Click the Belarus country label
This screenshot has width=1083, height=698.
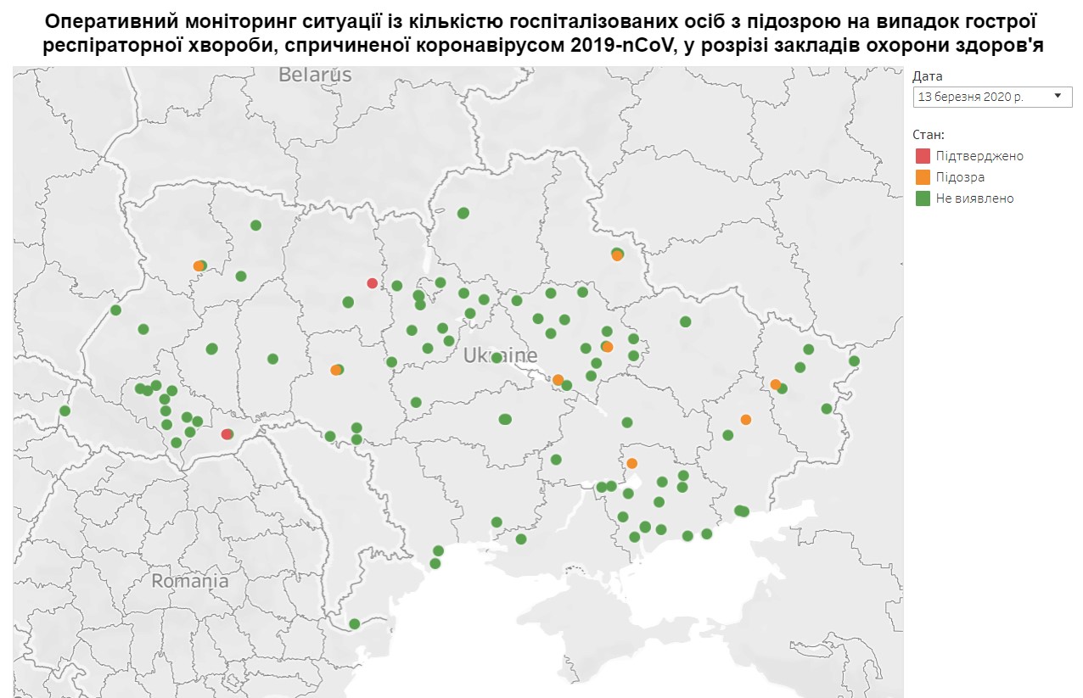pos(315,75)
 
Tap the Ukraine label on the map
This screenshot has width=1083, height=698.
pos(500,356)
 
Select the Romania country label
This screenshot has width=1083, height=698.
pos(190,582)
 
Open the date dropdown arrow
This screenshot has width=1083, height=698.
pos(1057,97)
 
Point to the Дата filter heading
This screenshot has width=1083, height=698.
pos(927,76)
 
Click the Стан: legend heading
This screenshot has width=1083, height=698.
pos(929,135)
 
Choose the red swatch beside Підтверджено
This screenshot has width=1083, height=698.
pos(923,156)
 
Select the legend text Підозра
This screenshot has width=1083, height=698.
pos(960,177)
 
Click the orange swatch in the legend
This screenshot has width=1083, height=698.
pos(923,177)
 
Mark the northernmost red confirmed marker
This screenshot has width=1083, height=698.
pos(372,283)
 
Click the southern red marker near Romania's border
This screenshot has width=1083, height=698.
pos(226,434)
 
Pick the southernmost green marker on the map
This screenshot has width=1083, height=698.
pos(355,624)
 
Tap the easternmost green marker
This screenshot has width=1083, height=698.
pos(854,361)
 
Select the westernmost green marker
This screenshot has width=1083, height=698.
pos(65,411)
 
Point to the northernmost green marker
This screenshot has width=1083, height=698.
pos(463,213)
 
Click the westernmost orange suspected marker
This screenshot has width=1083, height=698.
pos(199,266)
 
